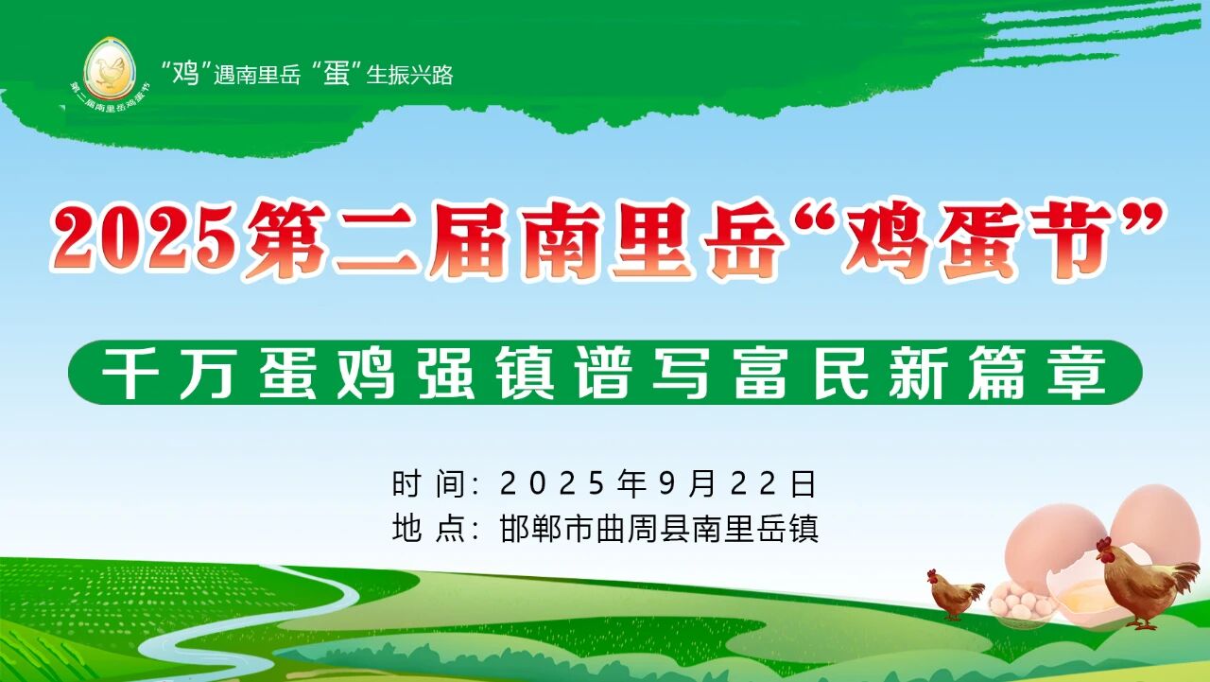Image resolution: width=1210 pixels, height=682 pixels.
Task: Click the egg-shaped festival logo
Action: (110, 69)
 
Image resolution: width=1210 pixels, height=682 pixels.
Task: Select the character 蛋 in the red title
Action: (978, 240)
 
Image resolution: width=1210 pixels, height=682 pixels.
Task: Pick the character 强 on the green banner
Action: (446, 373)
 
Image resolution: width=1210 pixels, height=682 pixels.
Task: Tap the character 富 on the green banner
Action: (761, 373)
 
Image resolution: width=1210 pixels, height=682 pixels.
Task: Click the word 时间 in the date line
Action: (429, 484)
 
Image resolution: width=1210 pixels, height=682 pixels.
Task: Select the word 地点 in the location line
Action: (429, 528)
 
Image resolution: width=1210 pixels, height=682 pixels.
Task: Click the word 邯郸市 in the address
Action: (546, 528)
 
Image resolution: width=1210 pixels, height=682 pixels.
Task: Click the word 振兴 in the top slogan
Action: (409, 75)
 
